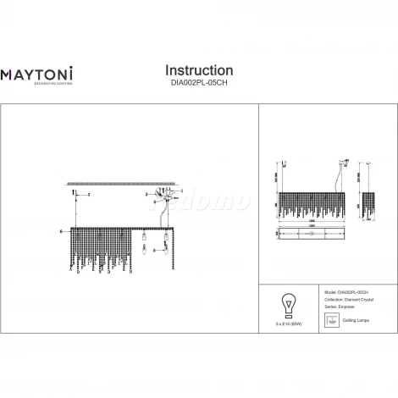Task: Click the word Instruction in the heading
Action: coord(199,69)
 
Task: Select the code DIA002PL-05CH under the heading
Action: coord(199,84)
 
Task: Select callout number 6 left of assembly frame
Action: coord(62,230)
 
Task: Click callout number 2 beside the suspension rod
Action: coord(89,195)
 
